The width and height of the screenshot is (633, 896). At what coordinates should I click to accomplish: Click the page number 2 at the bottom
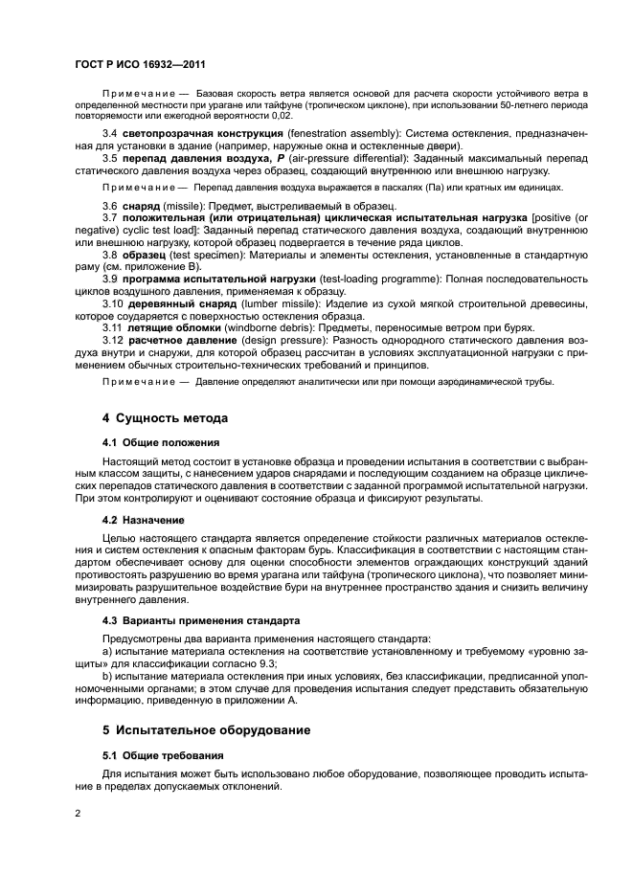[78, 812]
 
